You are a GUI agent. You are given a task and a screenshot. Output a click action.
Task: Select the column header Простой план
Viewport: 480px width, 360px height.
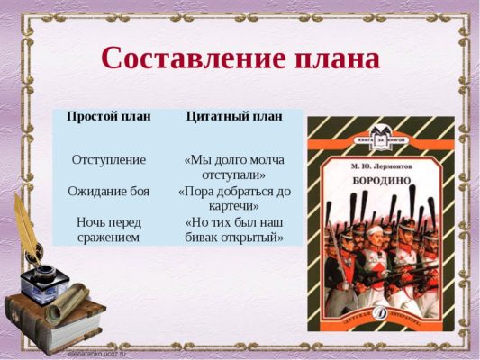[x=108, y=117]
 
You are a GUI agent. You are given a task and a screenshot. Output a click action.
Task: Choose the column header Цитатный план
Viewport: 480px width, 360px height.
[x=234, y=117]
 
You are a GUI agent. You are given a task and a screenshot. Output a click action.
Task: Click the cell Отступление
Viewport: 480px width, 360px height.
[x=108, y=158]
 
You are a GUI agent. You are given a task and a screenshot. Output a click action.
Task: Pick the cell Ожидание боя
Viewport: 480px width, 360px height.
[x=108, y=191]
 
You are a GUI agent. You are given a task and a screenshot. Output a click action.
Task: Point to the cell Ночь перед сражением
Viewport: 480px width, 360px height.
[x=108, y=229]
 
